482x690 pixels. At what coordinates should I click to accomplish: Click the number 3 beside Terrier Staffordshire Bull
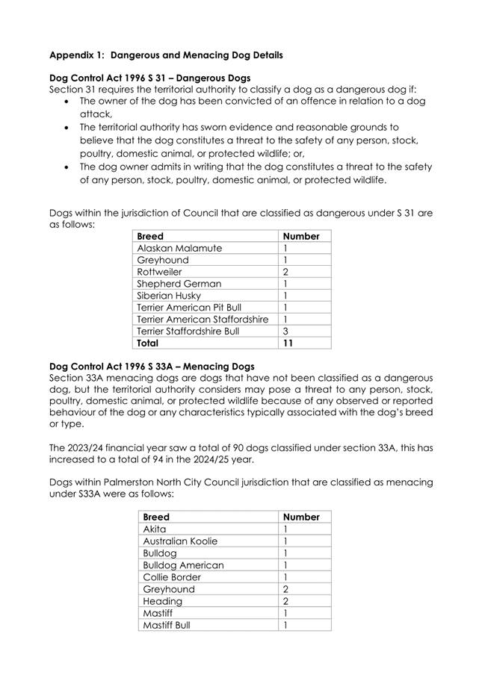pyautogui.click(x=285, y=332)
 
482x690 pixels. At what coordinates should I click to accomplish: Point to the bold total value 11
pyautogui.click(x=289, y=344)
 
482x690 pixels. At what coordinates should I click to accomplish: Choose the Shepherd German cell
pyautogui.click(x=179, y=284)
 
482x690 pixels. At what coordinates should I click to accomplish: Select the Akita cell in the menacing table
pyautogui.click(x=155, y=529)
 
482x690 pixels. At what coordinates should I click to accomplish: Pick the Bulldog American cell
pyautogui.click(x=183, y=565)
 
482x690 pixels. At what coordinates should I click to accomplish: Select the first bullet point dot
pyautogui.click(x=69, y=101)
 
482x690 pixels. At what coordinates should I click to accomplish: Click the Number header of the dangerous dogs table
pyautogui.click(x=302, y=236)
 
